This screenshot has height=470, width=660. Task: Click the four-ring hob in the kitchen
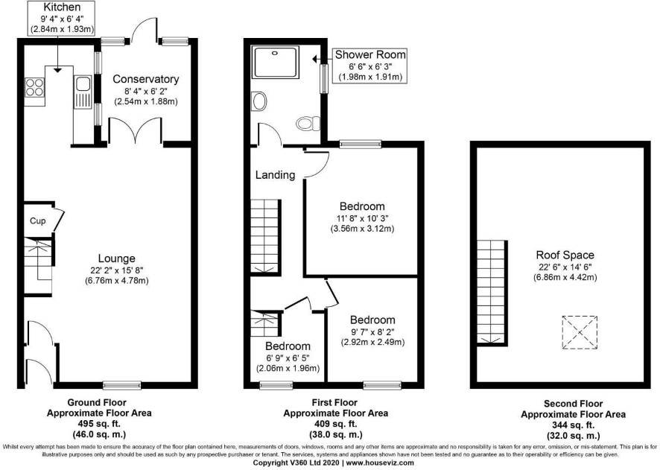point(34,88)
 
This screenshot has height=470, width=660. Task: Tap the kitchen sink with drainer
point(83,92)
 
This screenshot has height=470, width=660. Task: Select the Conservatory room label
point(146,79)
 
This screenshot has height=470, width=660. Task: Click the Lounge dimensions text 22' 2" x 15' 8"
point(117,270)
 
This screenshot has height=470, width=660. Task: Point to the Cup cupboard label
point(37,221)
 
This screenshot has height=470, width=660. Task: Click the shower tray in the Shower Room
point(276,63)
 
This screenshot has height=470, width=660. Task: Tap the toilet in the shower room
point(308,124)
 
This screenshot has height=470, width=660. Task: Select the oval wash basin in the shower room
point(259,102)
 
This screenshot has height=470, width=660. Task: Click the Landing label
point(276,174)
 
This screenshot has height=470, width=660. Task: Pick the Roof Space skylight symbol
point(580,332)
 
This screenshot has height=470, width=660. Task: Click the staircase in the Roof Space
point(492,293)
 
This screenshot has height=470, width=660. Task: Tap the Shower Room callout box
point(370,66)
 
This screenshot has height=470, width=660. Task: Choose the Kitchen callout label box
point(62,18)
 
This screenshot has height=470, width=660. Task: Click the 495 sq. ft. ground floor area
point(99,423)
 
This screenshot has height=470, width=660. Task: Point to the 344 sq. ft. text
point(574,425)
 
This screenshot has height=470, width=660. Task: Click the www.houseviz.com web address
point(380,463)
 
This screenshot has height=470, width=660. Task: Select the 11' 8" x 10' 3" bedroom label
point(362,218)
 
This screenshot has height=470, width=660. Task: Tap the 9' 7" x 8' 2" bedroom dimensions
point(372,331)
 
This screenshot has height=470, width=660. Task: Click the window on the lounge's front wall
point(122,385)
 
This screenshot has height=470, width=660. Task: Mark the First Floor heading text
point(334,403)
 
